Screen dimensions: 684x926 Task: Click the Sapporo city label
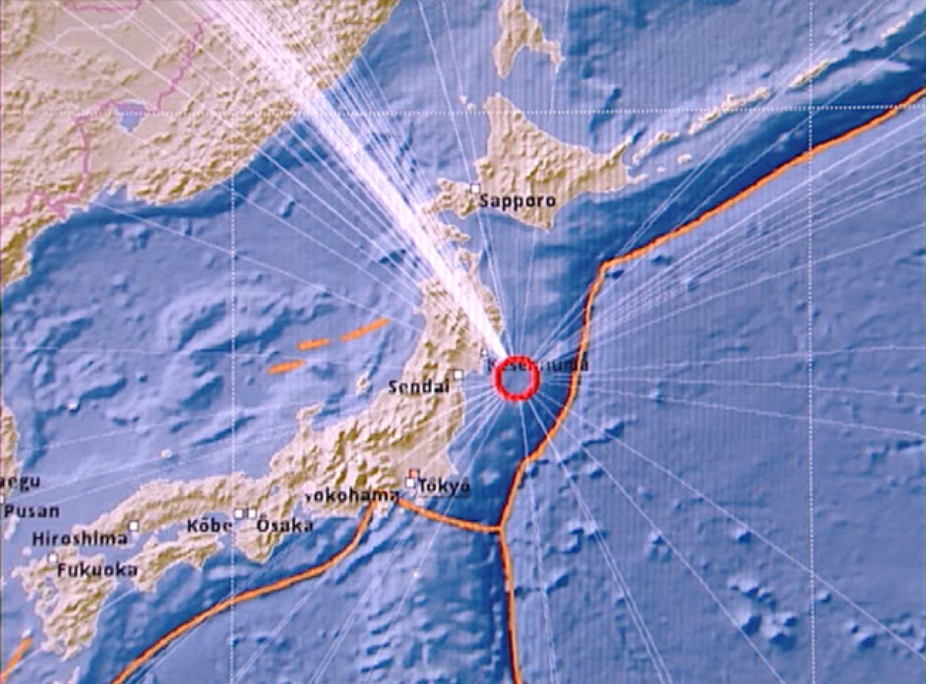(518, 201)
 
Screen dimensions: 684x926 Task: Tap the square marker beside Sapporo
(475, 188)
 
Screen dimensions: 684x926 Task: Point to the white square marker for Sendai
(458, 374)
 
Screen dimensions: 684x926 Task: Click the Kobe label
(210, 527)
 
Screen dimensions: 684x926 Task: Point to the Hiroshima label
(79, 539)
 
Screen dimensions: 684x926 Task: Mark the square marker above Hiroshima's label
(134, 525)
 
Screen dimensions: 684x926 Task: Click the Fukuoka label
(97, 570)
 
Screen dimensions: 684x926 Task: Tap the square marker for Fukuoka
(53, 558)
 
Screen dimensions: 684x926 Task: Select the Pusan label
(32, 512)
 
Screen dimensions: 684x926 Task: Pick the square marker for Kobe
(239, 513)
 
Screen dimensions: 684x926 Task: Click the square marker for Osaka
(252, 513)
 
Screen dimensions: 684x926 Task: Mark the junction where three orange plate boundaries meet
(501, 528)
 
